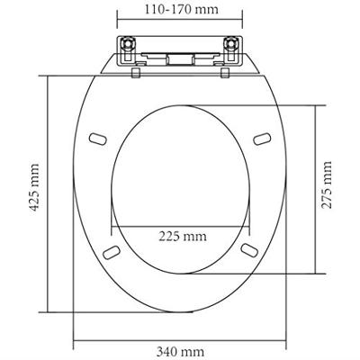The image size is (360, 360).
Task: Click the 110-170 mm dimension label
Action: (179, 13)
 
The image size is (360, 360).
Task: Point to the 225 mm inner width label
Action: (179, 238)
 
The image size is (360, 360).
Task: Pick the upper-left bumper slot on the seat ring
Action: (97, 139)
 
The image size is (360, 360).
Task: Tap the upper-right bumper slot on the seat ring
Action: (262, 139)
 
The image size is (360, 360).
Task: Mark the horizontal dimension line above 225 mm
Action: (179, 225)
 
